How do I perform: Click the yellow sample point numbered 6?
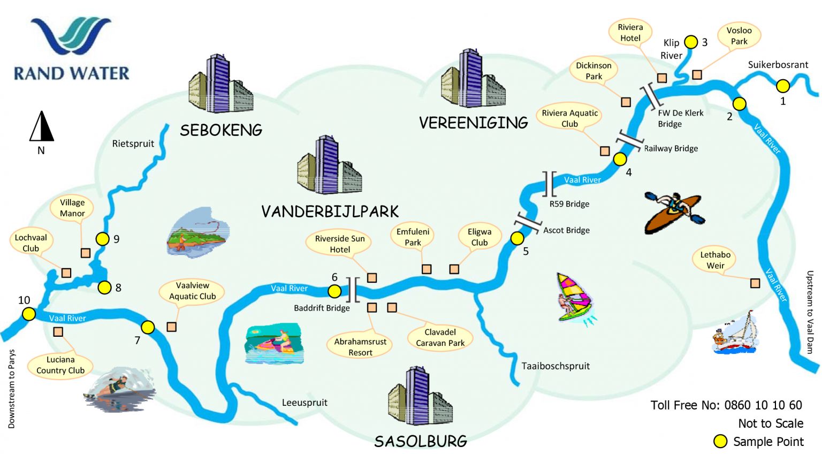(x=334, y=291)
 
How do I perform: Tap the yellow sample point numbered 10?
(x=28, y=314)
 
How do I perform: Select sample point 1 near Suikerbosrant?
(x=783, y=86)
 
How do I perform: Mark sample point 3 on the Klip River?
(x=691, y=42)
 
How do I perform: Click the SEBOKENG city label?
(x=221, y=130)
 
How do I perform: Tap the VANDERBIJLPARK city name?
(x=330, y=211)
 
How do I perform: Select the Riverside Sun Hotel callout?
(x=340, y=244)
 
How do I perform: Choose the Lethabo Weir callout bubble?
(x=715, y=260)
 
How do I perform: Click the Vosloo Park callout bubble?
(x=739, y=36)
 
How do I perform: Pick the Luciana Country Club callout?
(x=60, y=365)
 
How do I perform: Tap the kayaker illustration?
(x=674, y=211)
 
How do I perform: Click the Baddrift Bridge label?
(x=322, y=308)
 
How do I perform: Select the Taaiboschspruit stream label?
(x=555, y=366)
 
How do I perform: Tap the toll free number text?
(x=726, y=405)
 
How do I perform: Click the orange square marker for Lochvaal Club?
(x=66, y=273)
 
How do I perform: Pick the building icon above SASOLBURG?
(x=420, y=396)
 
